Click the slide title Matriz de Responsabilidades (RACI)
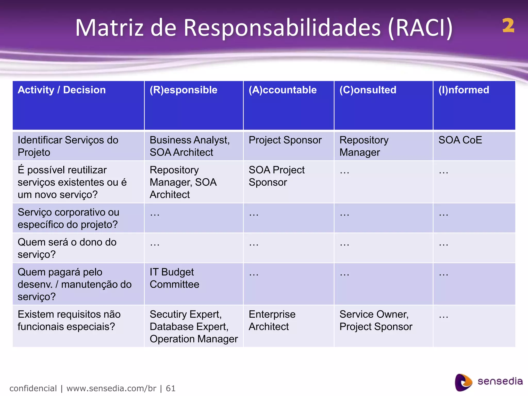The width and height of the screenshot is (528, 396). point(263,28)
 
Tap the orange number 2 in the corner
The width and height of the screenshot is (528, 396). point(508,26)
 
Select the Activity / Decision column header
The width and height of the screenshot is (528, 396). point(62,90)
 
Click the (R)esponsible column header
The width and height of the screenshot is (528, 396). point(183,90)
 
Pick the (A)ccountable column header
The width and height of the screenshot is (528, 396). point(283,90)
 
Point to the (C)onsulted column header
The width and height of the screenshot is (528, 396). point(368,90)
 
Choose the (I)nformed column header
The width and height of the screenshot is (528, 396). point(464,90)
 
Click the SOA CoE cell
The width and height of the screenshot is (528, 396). point(460,140)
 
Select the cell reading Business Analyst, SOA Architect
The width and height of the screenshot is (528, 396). point(189,146)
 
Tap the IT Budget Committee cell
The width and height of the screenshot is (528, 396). point(174,278)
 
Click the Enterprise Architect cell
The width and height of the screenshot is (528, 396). point(272,320)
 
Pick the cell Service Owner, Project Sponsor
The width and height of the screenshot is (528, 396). point(376,320)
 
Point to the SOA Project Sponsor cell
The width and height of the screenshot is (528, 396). point(276,176)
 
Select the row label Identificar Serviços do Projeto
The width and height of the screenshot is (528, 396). point(68,146)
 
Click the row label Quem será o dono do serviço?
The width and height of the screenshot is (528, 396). point(67,248)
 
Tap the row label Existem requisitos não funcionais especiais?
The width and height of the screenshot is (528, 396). point(69,320)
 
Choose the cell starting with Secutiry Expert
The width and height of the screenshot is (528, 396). point(193,326)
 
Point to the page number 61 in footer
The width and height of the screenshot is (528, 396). point(170,388)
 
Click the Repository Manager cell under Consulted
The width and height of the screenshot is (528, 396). point(364,146)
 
